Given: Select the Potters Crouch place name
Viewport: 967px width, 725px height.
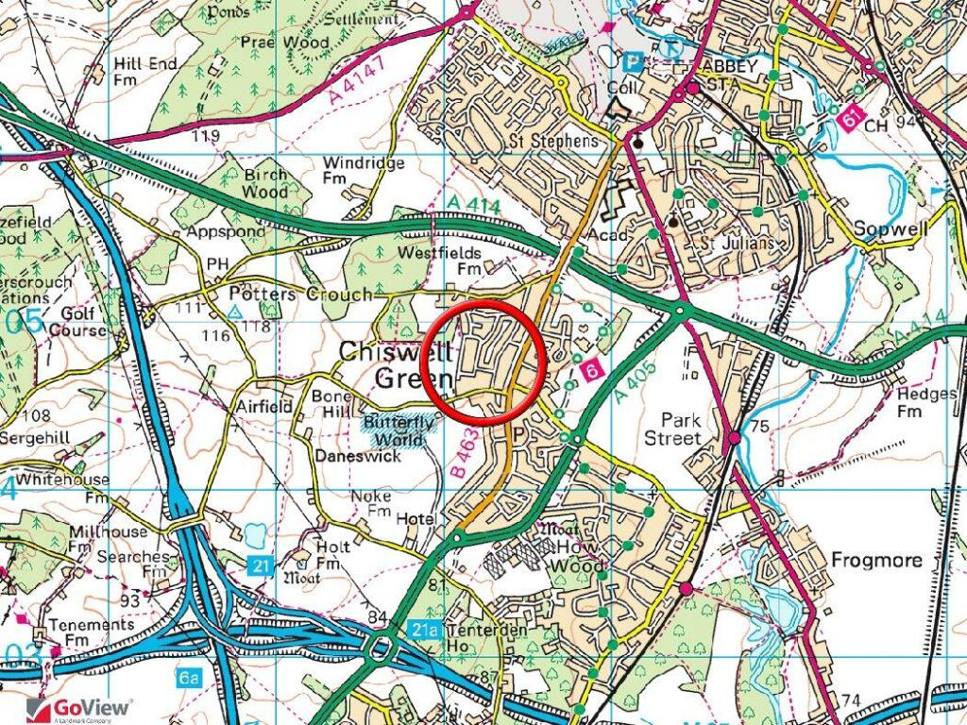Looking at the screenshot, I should tap(301, 295).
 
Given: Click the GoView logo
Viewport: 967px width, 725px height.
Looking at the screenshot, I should tap(80, 707).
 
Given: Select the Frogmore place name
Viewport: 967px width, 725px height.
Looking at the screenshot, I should tap(875, 560).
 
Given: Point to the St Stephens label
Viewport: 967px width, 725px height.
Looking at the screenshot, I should tap(554, 142).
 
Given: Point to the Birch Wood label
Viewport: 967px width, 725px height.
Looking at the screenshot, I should tap(266, 183).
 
